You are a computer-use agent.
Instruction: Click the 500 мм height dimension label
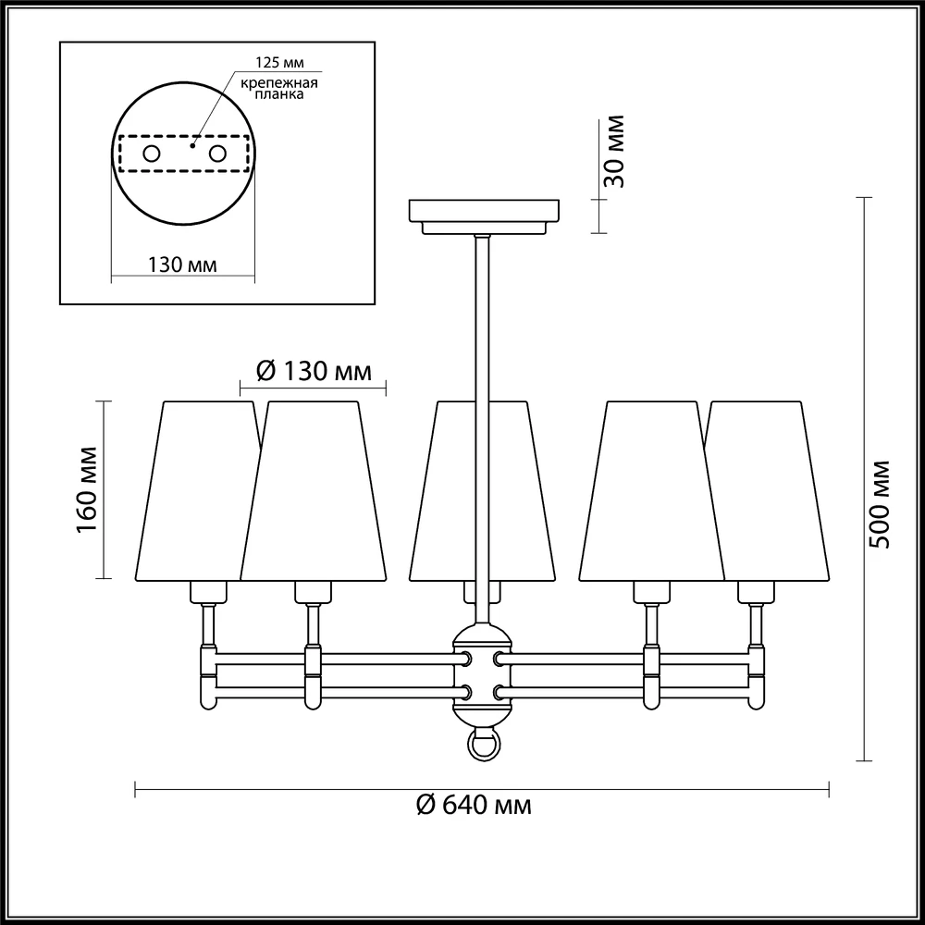point(879,504)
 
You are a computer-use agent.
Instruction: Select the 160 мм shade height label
point(87,489)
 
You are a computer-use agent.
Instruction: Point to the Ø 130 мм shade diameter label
point(314,372)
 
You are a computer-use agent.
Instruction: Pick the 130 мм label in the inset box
point(181,265)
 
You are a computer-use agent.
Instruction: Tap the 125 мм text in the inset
point(279,63)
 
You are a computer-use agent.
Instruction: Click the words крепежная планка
point(279,88)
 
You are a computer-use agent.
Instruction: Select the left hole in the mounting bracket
point(152,154)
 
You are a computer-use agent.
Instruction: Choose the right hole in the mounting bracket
point(217,154)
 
